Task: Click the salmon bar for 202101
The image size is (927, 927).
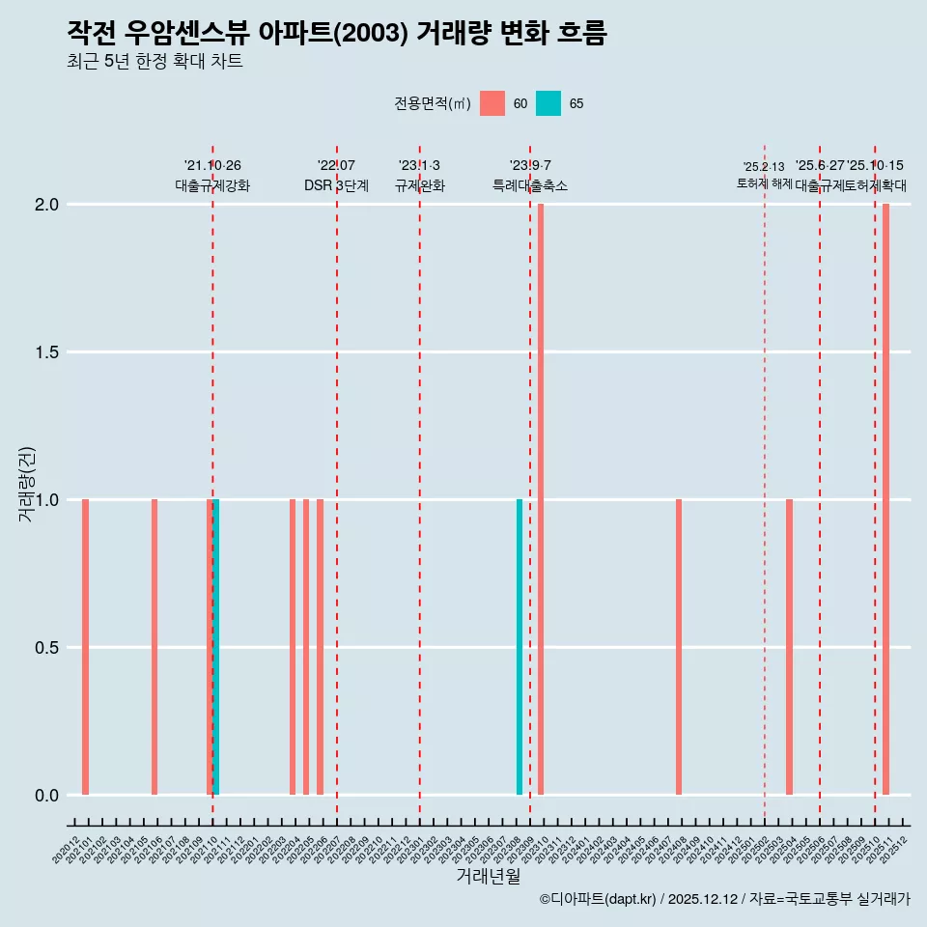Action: point(85,647)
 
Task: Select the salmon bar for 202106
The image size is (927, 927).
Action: point(154,647)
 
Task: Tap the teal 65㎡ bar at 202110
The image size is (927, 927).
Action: point(216,647)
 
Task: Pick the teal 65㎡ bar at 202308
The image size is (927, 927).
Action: point(520,647)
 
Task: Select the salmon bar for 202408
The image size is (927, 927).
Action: point(679,647)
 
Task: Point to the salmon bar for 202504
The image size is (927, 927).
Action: point(789,647)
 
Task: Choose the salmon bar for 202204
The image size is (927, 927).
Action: point(293,647)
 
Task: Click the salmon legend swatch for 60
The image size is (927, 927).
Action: point(492,103)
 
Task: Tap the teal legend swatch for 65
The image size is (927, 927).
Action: point(548,103)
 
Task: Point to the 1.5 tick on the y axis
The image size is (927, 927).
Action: point(47,352)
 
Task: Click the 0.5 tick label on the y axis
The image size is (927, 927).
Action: point(47,648)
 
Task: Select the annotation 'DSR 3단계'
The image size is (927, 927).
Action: point(336,186)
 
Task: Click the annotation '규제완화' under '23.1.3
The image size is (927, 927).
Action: point(419,186)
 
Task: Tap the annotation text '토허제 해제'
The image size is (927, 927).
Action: point(764,183)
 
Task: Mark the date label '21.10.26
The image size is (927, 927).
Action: point(212,166)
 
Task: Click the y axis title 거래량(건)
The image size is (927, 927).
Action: point(27,483)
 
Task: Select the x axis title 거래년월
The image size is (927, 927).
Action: point(488,877)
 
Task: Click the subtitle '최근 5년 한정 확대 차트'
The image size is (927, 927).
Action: point(154,62)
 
